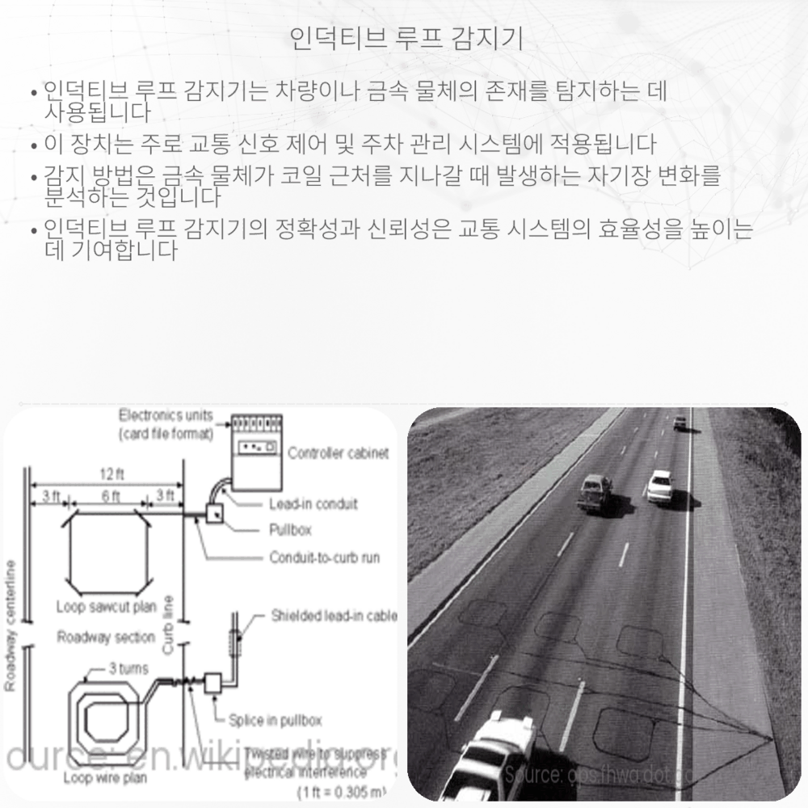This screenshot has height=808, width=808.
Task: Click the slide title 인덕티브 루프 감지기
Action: (406, 38)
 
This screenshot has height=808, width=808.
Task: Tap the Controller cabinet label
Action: (338, 453)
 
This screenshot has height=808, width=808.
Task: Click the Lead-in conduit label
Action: (313, 504)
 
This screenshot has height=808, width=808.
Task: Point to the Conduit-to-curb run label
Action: (324, 558)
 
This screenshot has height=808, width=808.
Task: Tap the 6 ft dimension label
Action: (111, 496)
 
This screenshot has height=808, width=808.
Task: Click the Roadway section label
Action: (105, 638)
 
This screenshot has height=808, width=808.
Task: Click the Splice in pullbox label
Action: (275, 720)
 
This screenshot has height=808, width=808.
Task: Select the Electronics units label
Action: (166, 416)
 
